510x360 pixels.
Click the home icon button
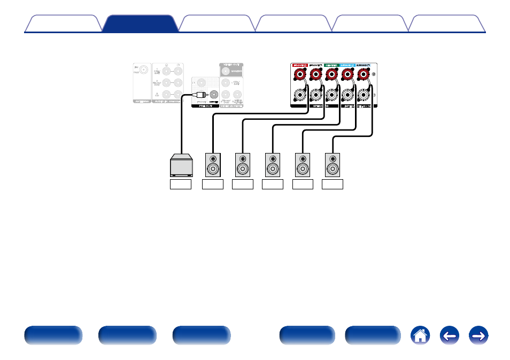click(x=420, y=335)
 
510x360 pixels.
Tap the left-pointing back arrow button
click(x=450, y=335)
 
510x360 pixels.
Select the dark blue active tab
click(x=140, y=24)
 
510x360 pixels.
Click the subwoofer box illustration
click(x=181, y=165)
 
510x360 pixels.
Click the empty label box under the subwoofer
click(x=181, y=185)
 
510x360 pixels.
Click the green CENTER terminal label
click(x=331, y=65)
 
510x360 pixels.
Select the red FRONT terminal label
click(x=299, y=65)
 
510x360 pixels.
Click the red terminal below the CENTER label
click(x=331, y=75)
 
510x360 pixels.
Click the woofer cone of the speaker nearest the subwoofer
click(x=213, y=170)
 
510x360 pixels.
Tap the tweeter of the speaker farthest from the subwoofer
click(x=333, y=159)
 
